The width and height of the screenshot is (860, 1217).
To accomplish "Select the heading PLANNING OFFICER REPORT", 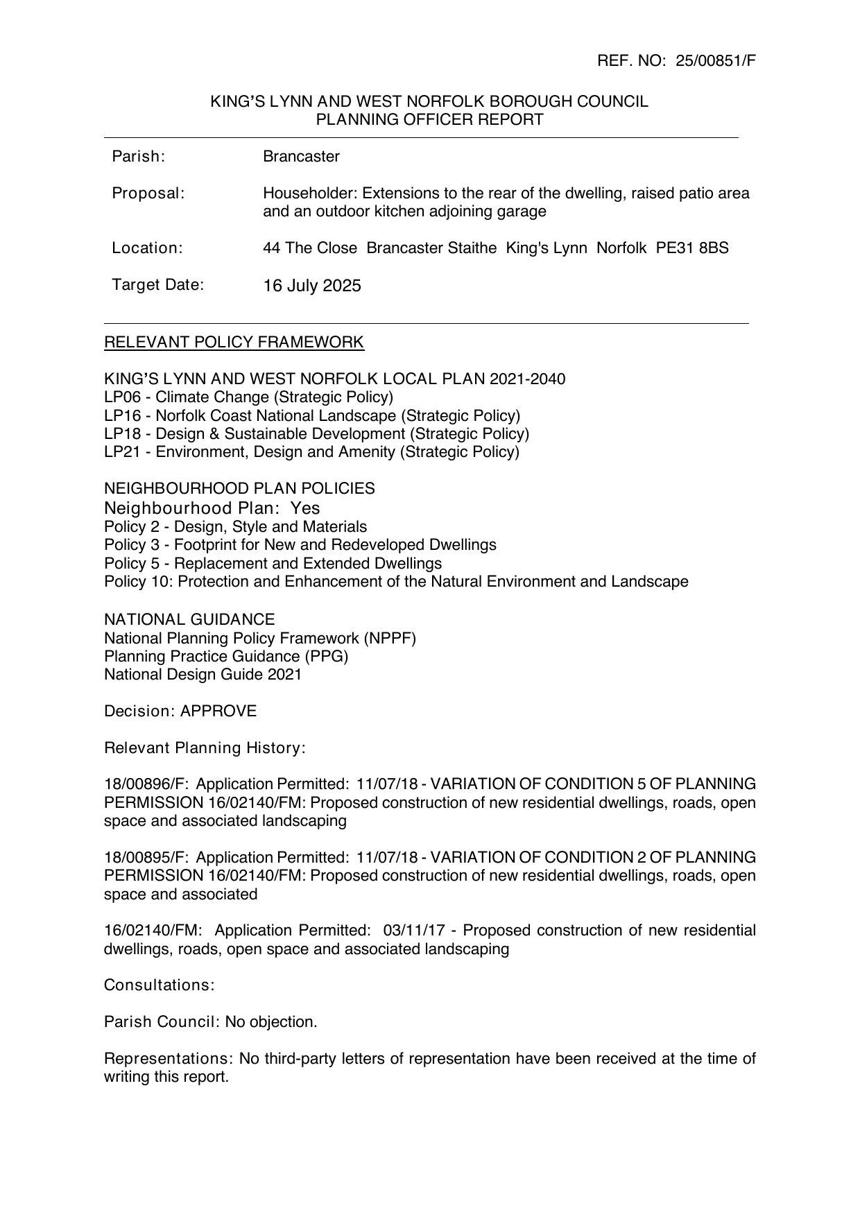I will click(429, 119).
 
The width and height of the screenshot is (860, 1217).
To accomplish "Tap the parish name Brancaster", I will click(301, 157).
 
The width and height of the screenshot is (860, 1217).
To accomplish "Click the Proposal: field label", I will click(148, 193).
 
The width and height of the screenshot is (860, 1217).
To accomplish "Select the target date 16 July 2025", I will click(311, 286).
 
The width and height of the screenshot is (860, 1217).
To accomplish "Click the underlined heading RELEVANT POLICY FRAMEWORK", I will click(234, 342).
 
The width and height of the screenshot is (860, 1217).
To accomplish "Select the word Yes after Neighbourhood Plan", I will click(305, 508).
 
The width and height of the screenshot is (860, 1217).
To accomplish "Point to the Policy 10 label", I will click(138, 581).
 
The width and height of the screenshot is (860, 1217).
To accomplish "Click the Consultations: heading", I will click(159, 985).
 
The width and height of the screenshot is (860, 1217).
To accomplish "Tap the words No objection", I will click(271, 1021).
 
